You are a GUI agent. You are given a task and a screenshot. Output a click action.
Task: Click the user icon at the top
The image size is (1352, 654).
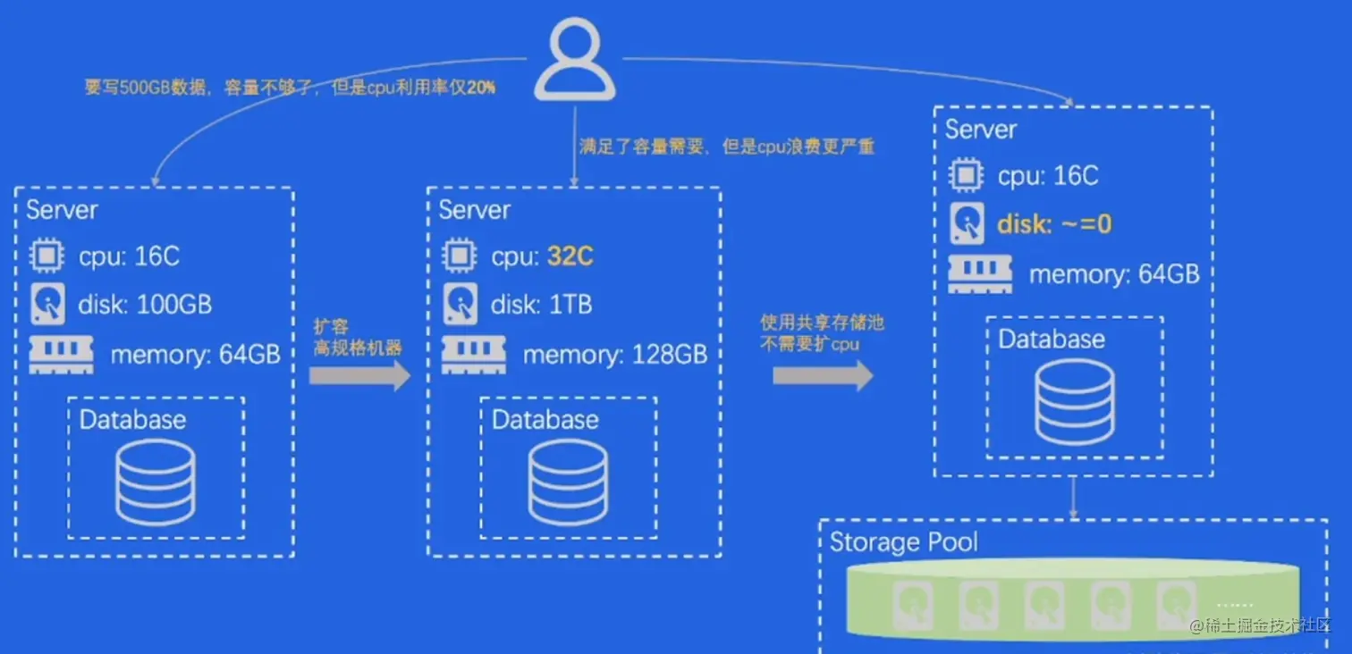tap(575, 60)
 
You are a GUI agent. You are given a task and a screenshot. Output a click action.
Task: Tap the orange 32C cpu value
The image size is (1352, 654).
tap(570, 256)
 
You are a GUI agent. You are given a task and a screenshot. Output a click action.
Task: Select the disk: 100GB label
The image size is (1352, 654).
tap(146, 305)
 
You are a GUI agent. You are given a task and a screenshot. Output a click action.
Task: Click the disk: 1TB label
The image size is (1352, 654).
tap(541, 305)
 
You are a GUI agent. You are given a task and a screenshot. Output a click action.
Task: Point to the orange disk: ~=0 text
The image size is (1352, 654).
tap(1054, 223)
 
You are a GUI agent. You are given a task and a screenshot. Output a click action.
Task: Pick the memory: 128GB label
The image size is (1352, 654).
tap(614, 355)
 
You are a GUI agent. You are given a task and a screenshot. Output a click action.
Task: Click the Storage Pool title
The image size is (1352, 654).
tap(903, 542)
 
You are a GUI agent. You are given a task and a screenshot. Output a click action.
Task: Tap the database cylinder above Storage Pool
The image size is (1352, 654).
tap(1074, 402)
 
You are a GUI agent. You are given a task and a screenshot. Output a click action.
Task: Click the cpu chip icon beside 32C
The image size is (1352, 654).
tap(460, 256)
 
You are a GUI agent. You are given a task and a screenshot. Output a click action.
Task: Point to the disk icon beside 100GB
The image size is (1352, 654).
tap(47, 305)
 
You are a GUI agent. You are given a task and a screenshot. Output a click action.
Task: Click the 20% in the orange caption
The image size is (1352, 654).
tap(480, 88)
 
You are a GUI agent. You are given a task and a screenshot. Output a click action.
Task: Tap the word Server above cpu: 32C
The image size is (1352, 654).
tap(474, 210)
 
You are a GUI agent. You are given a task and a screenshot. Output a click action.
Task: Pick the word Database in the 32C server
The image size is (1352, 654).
tap(545, 420)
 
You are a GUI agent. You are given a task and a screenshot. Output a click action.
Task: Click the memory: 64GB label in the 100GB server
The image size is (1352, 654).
tap(195, 355)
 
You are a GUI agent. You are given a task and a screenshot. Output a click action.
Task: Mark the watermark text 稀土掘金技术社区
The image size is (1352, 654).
tap(1268, 626)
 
